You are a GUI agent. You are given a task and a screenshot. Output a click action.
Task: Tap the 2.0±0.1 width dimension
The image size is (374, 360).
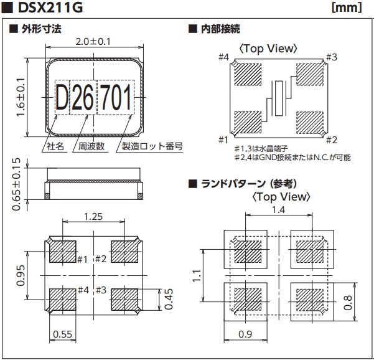(x=93, y=42)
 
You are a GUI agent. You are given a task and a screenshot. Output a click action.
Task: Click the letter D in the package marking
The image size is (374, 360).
(x=62, y=98)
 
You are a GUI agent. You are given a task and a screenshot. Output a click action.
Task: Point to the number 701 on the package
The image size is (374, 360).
(x=115, y=98)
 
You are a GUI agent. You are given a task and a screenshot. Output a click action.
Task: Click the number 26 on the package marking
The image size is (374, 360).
(x=83, y=98)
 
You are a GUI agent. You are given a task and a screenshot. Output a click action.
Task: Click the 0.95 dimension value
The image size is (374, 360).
(x=21, y=275)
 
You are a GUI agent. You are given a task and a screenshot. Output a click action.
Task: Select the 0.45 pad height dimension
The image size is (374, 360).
(x=167, y=300)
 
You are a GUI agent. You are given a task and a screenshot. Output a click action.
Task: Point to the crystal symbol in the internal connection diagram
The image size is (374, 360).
(x=279, y=97)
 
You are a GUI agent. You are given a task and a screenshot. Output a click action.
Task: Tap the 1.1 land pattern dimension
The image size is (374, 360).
(x=197, y=274)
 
